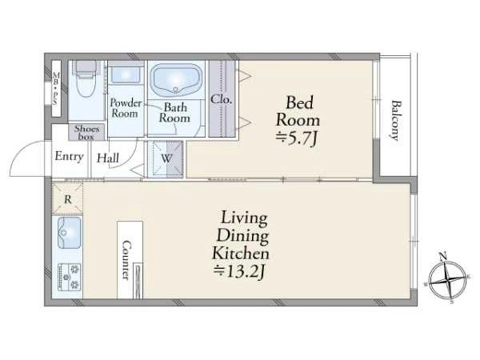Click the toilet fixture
tap(86, 78)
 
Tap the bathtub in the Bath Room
tap(176, 79)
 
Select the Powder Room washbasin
tap(126, 74)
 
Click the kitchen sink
tap(70, 233)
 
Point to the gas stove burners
tap(70, 277)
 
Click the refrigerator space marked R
tap(67, 198)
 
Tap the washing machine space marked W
tap(166, 158)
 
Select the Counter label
tap(126, 259)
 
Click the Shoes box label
tap(86, 133)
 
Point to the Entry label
tap(69, 157)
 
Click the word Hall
tap(108, 158)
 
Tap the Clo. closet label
tap(222, 99)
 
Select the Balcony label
tap(396, 120)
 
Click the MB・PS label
tap(56, 89)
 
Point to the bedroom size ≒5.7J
tap(296, 138)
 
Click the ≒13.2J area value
tap(238, 271)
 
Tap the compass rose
tap(447, 278)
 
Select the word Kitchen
tap(241, 254)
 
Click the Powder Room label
tap(126, 108)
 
